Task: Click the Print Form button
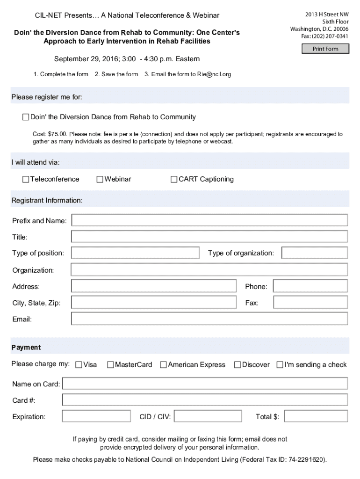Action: pos(325,49)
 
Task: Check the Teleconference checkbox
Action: pos(26,179)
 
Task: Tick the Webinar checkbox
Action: pos(100,179)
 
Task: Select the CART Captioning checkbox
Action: pos(174,179)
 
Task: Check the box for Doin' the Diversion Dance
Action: pos(26,117)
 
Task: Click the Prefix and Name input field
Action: pos(209,220)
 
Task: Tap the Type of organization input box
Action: pos(315,253)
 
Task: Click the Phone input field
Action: pos(310,286)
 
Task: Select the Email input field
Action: pos(209,319)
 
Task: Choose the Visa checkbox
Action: pos(79,365)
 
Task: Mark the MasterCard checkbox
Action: pos(110,365)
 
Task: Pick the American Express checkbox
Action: pos(163,365)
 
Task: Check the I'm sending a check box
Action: pos(280,365)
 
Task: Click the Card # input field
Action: pos(205,400)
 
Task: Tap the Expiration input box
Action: pos(96,416)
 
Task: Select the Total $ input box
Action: pos(316,416)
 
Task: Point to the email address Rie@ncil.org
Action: pos(213,74)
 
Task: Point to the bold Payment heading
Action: pos(26,348)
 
